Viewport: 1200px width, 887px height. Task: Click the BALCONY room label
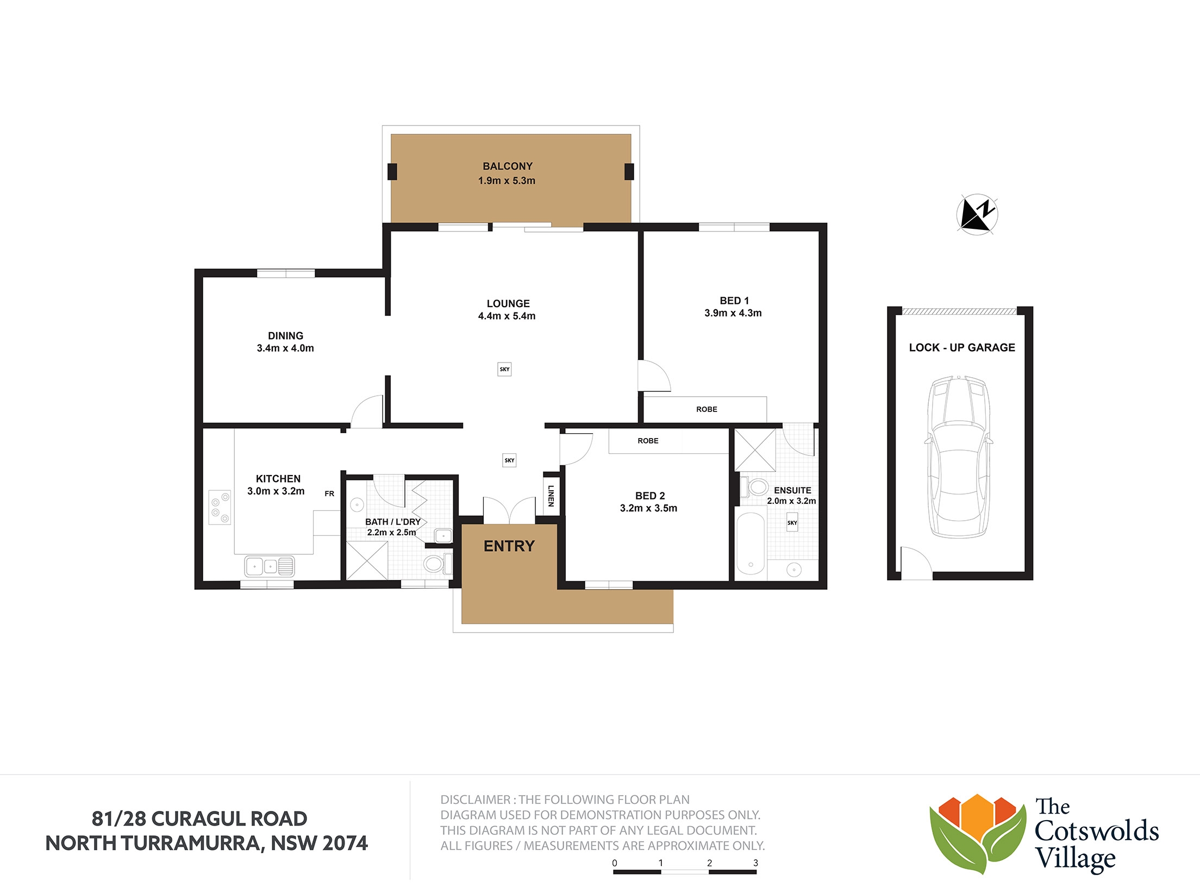508,166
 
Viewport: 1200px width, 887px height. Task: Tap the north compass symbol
977,214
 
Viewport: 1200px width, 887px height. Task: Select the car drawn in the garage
959,457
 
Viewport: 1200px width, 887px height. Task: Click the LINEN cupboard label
551,496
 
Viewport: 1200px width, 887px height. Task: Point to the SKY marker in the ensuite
792,522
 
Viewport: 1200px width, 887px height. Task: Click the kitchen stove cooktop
220,508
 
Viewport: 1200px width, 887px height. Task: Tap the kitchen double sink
270,566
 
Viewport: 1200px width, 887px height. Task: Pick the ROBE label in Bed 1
707,409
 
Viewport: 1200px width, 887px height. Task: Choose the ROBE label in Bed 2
648,441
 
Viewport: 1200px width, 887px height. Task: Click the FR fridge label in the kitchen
329,494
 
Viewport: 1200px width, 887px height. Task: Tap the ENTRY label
509,546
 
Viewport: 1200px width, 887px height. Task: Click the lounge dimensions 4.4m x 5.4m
507,316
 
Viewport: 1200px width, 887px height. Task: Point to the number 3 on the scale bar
755,863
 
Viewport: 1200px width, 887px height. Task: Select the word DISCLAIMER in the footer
476,799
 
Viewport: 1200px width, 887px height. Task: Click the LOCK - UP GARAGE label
962,348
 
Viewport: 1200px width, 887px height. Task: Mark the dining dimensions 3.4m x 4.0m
285,348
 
